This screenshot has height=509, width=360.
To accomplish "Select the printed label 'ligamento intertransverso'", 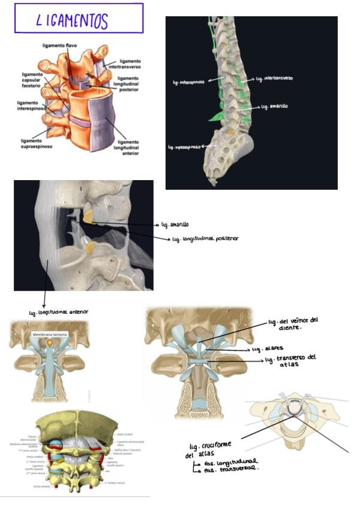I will pyautogui.click(x=130, y=64).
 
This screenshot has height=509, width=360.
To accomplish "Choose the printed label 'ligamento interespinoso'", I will pyautogui.click(x=31, y=106).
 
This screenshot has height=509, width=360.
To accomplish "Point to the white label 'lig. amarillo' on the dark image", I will pyautogui.click(x=275, y=106).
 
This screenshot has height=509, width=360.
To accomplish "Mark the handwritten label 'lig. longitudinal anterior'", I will pyautogui.click(x=59, y=312).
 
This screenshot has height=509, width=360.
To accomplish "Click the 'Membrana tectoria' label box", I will pyautogui.click(x=49, y=334).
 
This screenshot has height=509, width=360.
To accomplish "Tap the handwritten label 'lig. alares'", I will pyautogui.click(x=266, y=349).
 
